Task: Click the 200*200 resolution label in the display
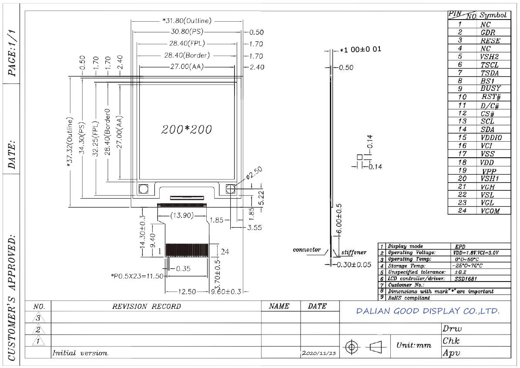186,129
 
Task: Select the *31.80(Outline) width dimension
187,21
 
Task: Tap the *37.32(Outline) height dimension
70,142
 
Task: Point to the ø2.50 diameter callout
254,173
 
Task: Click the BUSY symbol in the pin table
490,89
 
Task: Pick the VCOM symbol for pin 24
490,211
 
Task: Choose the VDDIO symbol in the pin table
491,137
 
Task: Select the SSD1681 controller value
466,278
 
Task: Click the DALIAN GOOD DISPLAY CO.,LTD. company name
428,311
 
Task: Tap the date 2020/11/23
319,353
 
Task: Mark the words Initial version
80,353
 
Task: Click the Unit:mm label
414,345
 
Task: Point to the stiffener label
354,252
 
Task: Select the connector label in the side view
307,249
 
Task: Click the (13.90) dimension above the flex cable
182,215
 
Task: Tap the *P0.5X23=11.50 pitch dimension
137,276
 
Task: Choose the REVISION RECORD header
146,306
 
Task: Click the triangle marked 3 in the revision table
38,318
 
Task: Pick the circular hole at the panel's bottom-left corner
143,189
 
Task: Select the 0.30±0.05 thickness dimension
354,265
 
